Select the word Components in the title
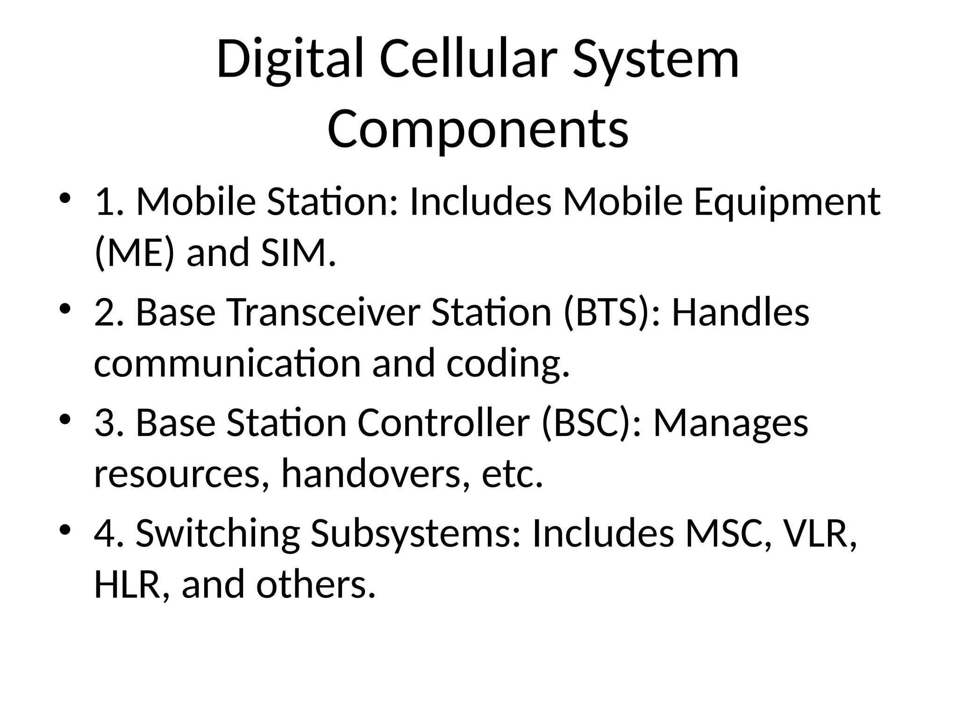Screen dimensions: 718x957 [478, 129]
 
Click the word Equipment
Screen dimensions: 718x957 [786, 202]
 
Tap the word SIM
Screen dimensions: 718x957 [298, 253]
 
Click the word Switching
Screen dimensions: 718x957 [217, 534]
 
